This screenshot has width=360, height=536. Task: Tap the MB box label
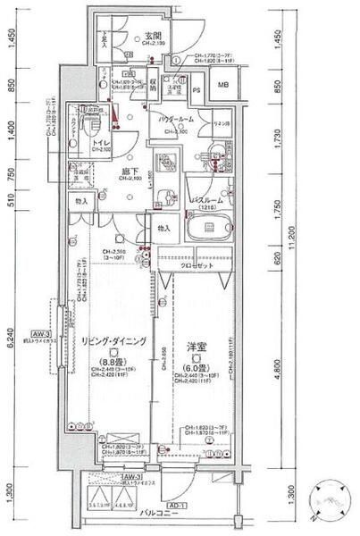[x=224, y=86]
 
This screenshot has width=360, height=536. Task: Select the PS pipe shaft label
[x=196, y=89]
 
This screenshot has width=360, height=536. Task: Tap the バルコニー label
[x=156, y=515]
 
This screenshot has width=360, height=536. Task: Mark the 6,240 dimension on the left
[x=12, y=341]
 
